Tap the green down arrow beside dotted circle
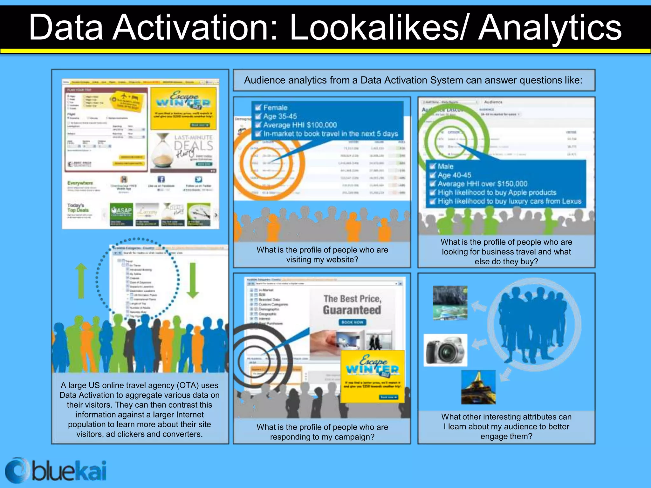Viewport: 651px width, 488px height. [x=193, y=280]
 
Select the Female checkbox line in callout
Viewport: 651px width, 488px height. [x=275, y=108]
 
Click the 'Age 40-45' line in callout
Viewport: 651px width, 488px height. [x=454, y=175]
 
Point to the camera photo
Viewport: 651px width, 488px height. [x=446, y=350]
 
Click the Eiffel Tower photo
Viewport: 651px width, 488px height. [x=478, y=387]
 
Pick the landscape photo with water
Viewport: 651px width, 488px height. [x=450, y=303]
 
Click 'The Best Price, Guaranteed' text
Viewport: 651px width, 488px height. [x=352, y=304]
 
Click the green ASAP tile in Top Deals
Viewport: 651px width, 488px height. [x=121, y=214]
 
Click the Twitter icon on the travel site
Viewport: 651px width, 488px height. [x=199, y=179]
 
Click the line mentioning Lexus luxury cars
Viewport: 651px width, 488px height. [x=509, y=201]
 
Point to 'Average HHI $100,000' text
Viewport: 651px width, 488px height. [x=300, y=125]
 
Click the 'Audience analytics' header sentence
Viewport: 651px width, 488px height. [x=413, y=80]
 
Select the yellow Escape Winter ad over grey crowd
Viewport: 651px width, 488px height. [x=372, y=376]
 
